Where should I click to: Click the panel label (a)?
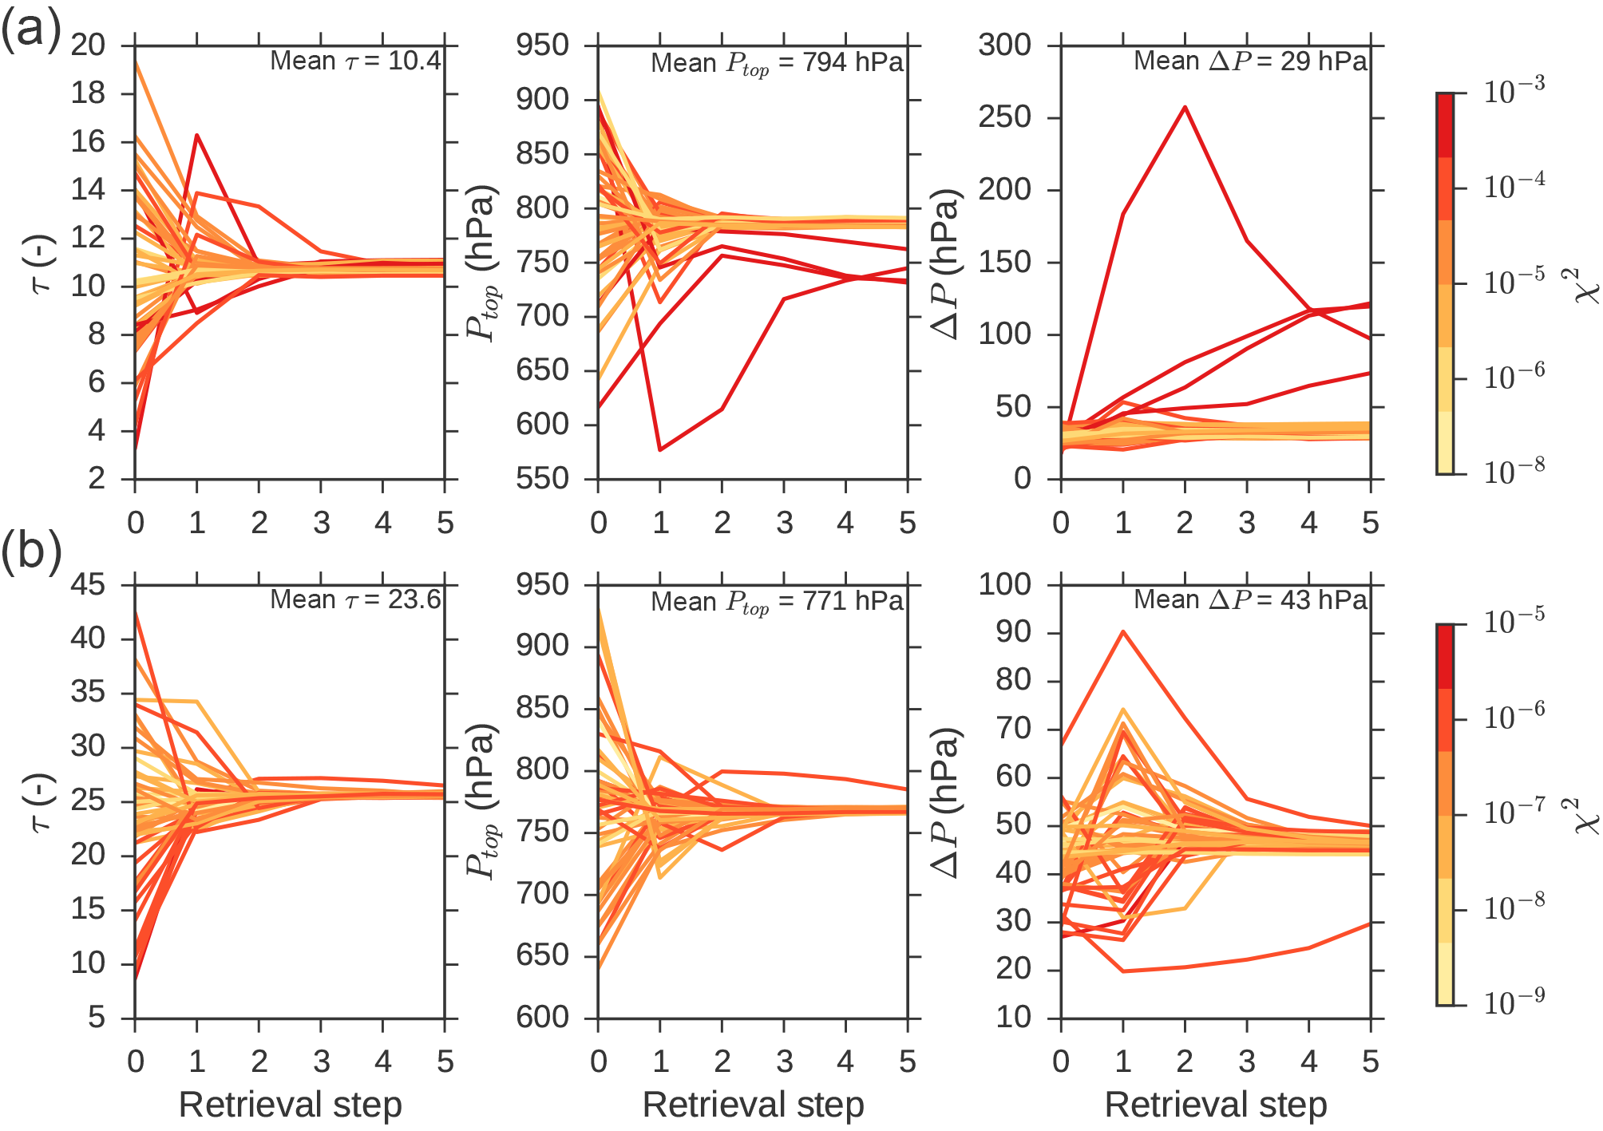(30, 32)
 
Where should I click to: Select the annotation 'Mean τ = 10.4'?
(355, 61)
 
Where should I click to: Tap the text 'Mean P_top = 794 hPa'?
(776, 63)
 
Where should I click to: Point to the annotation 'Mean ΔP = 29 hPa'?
(1250, 61)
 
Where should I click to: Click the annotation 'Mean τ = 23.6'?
(355, 599)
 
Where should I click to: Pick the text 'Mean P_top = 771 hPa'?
(776, 602)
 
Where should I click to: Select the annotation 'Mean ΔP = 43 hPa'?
(1250, 599)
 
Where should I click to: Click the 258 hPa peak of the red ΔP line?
(1185, 107)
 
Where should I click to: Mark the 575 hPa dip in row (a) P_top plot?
(660, 450)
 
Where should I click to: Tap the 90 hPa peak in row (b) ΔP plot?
(1123, 631)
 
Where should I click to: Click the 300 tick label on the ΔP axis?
(1005, 45)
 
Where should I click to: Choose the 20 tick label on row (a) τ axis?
(88, 45)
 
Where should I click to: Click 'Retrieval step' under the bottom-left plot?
(290, 1105)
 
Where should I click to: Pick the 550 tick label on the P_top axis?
(543, 479)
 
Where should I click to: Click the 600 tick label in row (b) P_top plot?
(543, 1018)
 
